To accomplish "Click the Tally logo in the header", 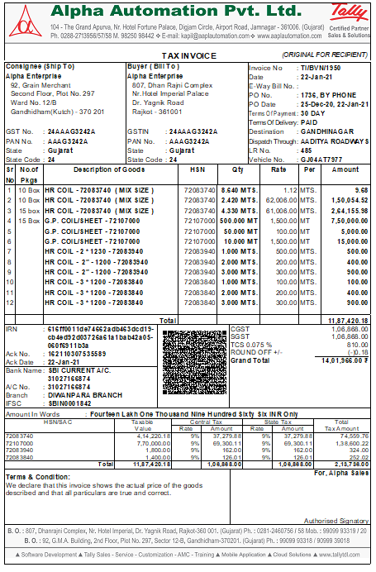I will (350, 12).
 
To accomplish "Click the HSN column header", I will (197, 169).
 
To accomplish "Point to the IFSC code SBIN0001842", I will (69, 403).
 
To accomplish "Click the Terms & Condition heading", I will (37, 477).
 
